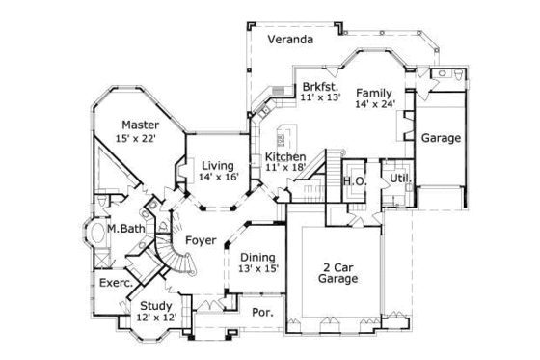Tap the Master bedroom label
(x=140, y=125)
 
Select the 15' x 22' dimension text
(x=136, y=140)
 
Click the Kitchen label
(x=285, y=156)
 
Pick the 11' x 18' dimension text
(x=285, y=169)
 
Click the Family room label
(x=373, y=93)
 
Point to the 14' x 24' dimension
(x=375, y=105)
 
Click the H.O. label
(x=354, y=181)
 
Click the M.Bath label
(x=124, y=229)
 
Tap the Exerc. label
(x=115, y=284)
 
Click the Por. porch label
(x=260, y=312)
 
